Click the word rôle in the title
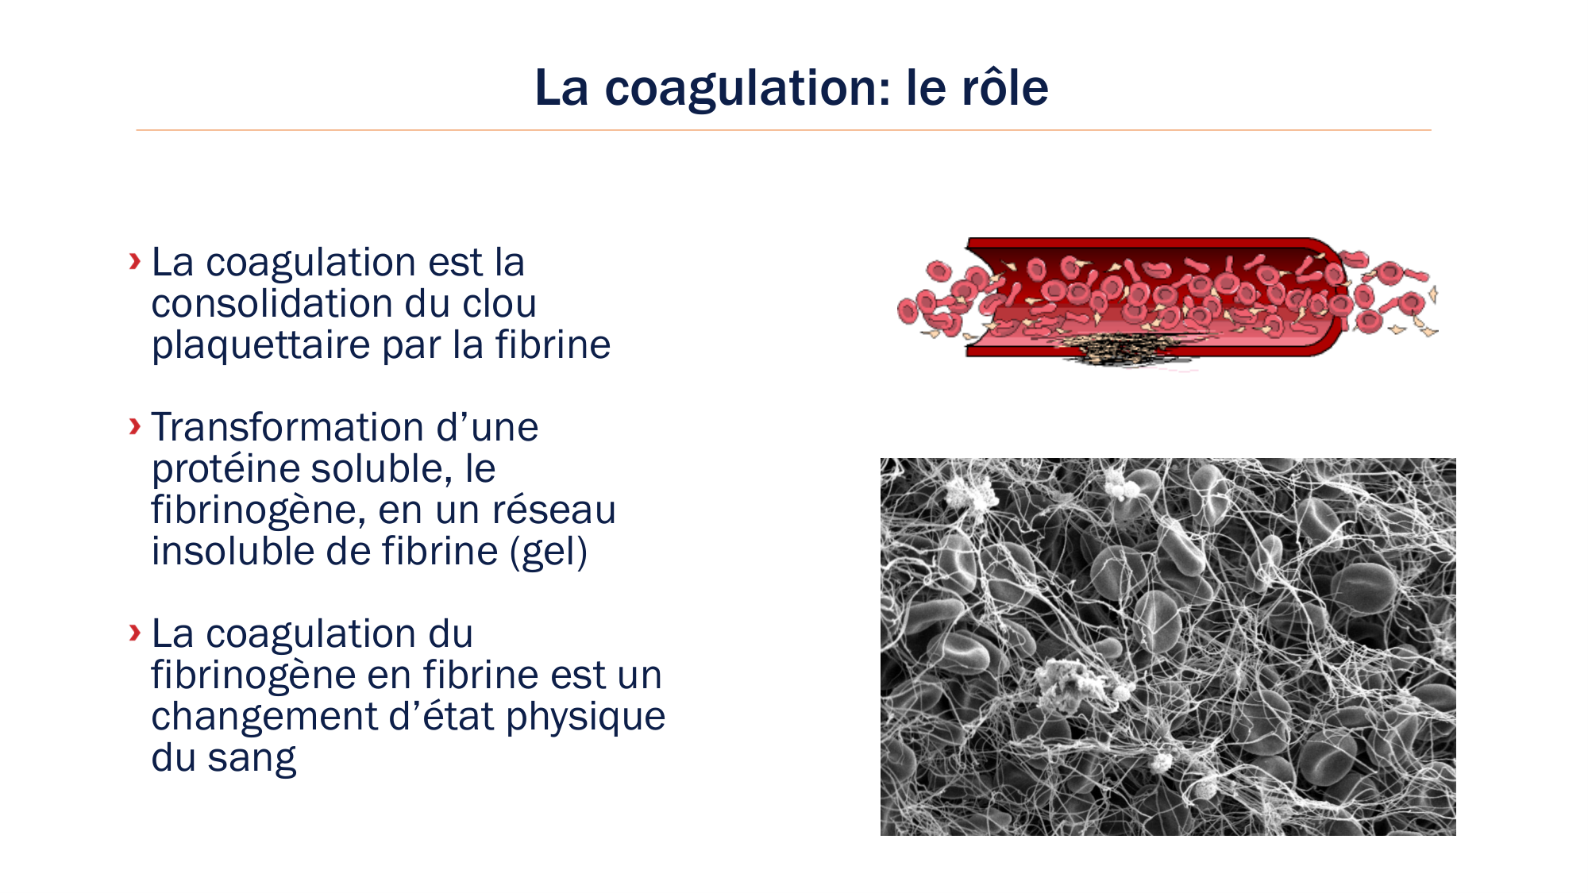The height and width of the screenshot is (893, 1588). (1004, 87)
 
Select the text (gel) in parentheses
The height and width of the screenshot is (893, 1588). (549, 552)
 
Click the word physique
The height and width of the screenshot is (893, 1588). (585, 717)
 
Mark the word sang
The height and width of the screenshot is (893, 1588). (252, 758)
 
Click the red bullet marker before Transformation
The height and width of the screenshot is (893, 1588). (135, 426)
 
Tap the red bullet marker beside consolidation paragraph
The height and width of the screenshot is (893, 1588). (135, 261)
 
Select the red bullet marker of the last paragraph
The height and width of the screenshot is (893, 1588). (135, 633)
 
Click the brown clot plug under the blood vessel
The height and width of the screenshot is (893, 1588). (1127, 349)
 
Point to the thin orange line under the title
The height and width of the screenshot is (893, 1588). (783, 130)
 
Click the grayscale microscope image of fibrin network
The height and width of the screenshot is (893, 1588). (1168, 646)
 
